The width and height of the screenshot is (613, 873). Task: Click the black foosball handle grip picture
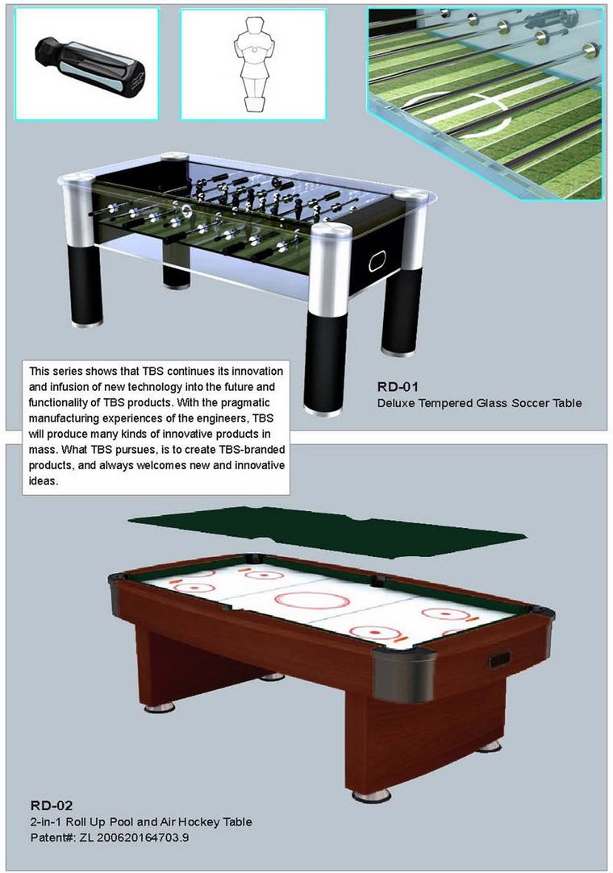[90, 68]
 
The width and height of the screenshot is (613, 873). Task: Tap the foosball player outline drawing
[254, 64]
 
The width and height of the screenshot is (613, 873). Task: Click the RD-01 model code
[398, 387]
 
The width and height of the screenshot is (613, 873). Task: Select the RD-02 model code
[52, 805]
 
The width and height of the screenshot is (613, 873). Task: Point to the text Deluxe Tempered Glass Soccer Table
[479, 403]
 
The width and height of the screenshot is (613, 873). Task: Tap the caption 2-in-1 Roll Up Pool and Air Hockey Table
[141, 821]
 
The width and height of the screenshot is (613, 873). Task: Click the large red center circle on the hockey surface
[312, 601]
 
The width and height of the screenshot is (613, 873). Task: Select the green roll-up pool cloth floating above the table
[327, 530]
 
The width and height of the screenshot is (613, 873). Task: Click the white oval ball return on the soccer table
[377, 260]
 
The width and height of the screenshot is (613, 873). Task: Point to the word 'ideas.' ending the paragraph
[44, 480]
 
